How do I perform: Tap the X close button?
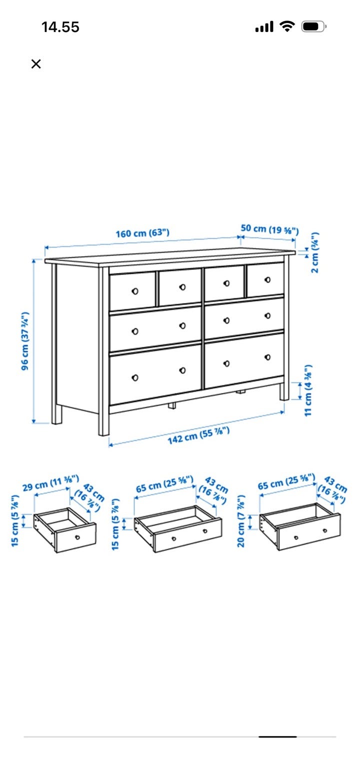pos(36,64)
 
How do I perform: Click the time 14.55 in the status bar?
pos(60,27)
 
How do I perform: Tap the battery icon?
pos(313,26)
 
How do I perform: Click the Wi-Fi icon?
pos(287,26)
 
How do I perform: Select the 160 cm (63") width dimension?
pos(142,233)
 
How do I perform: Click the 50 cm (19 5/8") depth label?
pos(269,229)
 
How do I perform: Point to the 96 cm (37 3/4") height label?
pos(24,341)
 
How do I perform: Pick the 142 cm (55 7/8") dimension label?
pos(198,435)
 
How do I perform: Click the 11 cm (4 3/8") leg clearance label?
pos(308,390)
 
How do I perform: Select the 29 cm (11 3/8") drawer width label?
pos(50,483)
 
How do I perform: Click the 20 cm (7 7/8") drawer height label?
pos(241,520)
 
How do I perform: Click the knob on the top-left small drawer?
pos(135,291)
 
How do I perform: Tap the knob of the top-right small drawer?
pos(267,279)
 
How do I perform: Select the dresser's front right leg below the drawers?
pos(284,391)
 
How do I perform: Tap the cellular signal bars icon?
pos(264,26)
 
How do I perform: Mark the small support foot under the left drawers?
pos(172,405)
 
